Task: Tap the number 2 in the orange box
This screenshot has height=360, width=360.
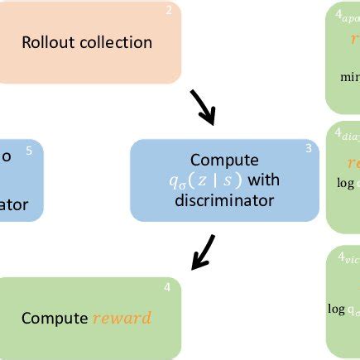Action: [168, 11]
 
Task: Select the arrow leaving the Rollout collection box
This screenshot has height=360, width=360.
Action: [201, 106]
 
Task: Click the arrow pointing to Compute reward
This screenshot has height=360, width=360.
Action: [203, 252]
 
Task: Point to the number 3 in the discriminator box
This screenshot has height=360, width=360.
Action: [308, 149]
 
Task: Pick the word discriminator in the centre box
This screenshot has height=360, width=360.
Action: [225, 199]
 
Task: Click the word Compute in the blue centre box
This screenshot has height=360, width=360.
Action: [224, 160]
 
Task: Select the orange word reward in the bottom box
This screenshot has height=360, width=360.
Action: [122, 318]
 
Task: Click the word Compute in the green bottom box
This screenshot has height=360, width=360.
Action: [55, 318]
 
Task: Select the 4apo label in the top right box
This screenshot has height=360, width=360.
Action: [346, 16]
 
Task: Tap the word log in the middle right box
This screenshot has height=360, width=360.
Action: [344, 184]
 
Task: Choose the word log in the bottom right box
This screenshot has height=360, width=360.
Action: [336, 309]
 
